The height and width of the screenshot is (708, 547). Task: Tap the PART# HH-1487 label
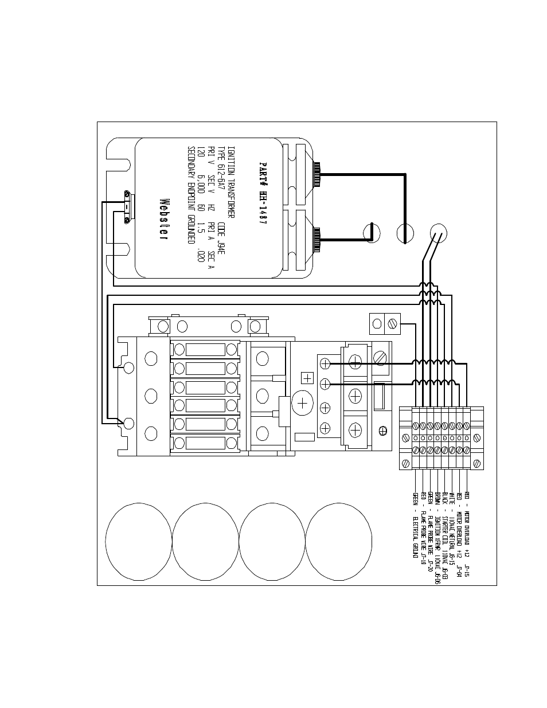pyautogui.click(x=263, y=195)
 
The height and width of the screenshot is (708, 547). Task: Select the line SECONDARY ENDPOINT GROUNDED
pyautogui.click(x=191, y=195)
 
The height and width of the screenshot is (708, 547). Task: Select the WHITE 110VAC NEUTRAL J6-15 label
pyautogui.click(x=452, y=530)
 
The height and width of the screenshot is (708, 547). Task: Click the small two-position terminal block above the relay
pyautogui.click(x=384, y=323)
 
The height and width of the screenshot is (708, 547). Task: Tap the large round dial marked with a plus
pyautogui.click(x=303, y=404)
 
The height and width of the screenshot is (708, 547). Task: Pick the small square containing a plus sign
pyautogui.click(x=308, y=378)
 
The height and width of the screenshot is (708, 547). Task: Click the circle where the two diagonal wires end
pyautogui.click(x=439, y=233)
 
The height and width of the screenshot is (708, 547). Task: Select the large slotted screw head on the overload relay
pyautogui.click(x=380, y=358)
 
